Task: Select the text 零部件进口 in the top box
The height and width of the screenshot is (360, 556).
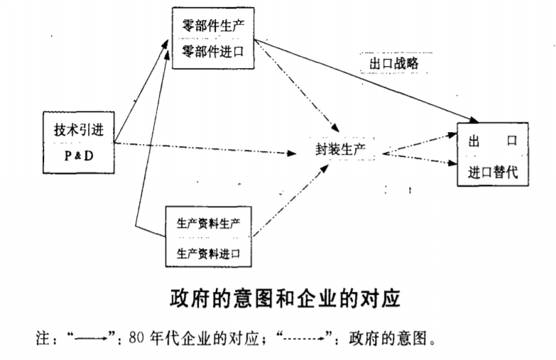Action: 214,51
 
